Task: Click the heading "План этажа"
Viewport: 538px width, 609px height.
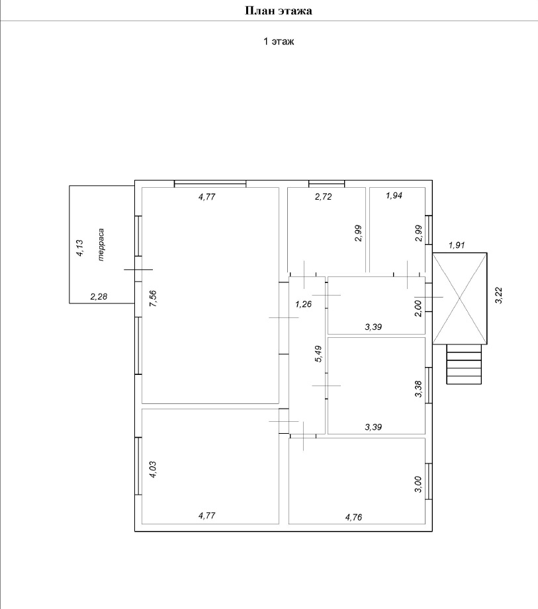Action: coord(279,11)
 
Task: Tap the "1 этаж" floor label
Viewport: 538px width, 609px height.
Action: coord(279,41)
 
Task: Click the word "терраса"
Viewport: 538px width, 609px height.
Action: coord(101,244)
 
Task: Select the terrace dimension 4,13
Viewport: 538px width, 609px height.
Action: coord(79,248)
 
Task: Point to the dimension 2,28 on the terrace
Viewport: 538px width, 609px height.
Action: coord(99,297)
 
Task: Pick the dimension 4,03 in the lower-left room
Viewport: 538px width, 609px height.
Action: coord(152,469)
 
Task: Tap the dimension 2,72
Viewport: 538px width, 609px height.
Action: coord(324,196)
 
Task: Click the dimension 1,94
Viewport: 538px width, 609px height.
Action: coord(394,195)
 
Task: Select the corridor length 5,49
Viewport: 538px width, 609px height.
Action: coord(318,354)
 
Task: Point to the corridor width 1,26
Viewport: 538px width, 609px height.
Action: coord(303,304)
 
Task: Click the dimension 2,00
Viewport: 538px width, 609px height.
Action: coord(418,308)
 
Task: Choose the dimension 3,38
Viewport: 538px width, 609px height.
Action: coord(418,389)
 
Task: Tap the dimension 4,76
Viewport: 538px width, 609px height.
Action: coord(354,517)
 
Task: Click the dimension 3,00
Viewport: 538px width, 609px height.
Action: coord(418,484)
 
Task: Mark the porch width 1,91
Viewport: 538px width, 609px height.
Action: coord(457,245)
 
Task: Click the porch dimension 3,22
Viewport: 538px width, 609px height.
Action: coord(499,295)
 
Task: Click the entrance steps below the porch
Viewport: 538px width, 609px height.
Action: coord(464,364)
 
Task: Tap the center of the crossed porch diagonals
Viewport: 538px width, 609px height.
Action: coord(460,298)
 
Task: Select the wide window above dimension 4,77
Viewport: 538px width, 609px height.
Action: coord(210,184)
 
